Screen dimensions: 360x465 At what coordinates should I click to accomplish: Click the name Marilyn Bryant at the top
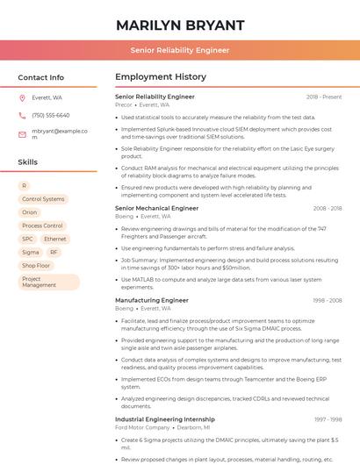(180, 25)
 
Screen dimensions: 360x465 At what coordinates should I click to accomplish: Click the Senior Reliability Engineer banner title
(180, 50)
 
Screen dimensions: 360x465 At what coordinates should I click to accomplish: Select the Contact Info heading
(41, 77)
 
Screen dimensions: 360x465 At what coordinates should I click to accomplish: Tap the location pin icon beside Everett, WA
(22, 98)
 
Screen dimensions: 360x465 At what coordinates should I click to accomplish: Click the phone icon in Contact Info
(22, 115)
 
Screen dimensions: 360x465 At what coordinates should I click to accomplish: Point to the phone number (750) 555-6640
(50, 115)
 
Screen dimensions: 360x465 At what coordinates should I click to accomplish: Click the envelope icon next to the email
(22, 133)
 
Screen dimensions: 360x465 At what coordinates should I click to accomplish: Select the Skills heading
(28, 162)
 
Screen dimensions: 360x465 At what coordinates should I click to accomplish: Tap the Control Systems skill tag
(43, 199)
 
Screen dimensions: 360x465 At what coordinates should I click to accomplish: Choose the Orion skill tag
(30, 212)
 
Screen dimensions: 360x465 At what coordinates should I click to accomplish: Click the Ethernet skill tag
(54, 239)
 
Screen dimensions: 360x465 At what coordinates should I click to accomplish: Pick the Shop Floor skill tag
(36, 265)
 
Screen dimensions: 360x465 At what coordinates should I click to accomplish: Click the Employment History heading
(161, 77)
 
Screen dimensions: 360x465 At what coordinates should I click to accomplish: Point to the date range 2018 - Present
(324, 97)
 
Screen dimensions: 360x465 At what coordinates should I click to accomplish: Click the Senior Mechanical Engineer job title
(157, 209)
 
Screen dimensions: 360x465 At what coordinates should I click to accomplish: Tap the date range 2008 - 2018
(327, 209)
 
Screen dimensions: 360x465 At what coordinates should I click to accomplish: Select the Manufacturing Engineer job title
(152, 300)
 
